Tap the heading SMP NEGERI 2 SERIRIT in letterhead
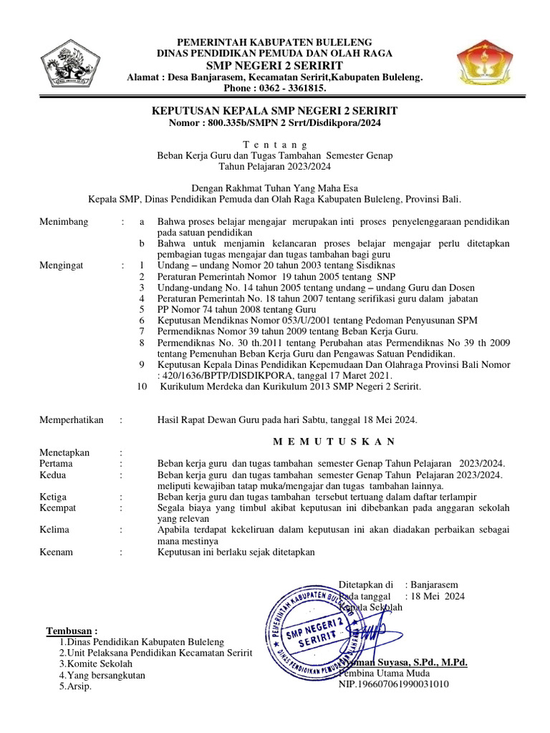point(275,65)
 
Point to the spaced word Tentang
point(275,144)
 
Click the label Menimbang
point(64,222)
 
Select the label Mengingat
point(62,265)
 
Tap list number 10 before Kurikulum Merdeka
point(141,387)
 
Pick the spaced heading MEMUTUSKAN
point(275,441)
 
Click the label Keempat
point(59,508)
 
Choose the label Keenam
point(58,552)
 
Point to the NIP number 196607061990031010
point(393,684)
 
